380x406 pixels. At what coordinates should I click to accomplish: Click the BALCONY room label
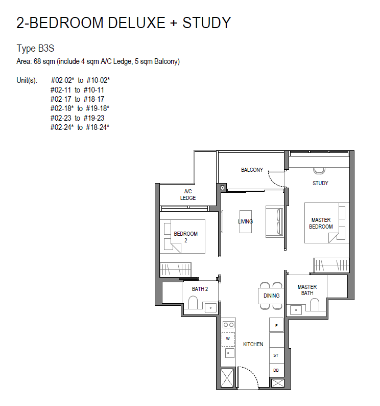(x=252, y=170)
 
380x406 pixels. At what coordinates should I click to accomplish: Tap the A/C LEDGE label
(x=188, y=194)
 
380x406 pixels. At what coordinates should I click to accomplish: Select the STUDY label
(x=320, y=183)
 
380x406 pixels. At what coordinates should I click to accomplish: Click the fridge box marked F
(x=276, y=325)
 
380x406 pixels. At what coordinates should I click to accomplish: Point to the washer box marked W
(x=228, y=339)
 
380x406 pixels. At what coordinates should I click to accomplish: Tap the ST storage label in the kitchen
(x=276, y=355)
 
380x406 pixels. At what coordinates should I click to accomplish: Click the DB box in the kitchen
(x=276, y=370)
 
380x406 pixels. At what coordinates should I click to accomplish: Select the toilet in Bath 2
(x=193, y=302)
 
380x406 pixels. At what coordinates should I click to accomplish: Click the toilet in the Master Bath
(x=314, y=305)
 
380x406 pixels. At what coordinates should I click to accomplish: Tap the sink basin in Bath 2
(x=211, y=308)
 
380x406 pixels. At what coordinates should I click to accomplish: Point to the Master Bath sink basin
(x=296, y=310)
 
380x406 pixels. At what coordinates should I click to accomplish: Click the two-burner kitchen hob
(x=229, y=324)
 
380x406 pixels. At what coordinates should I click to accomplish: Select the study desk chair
(x=319, y=170)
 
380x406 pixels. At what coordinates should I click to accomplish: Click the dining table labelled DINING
(x=271, y=296)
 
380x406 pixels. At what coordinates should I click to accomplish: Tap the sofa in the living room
(x=274, y=221)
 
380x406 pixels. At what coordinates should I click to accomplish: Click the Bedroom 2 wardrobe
(x=176, y=269)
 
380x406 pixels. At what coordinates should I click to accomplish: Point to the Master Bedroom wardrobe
(x=331, y=265)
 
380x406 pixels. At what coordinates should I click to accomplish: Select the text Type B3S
(x=35, y=49)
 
